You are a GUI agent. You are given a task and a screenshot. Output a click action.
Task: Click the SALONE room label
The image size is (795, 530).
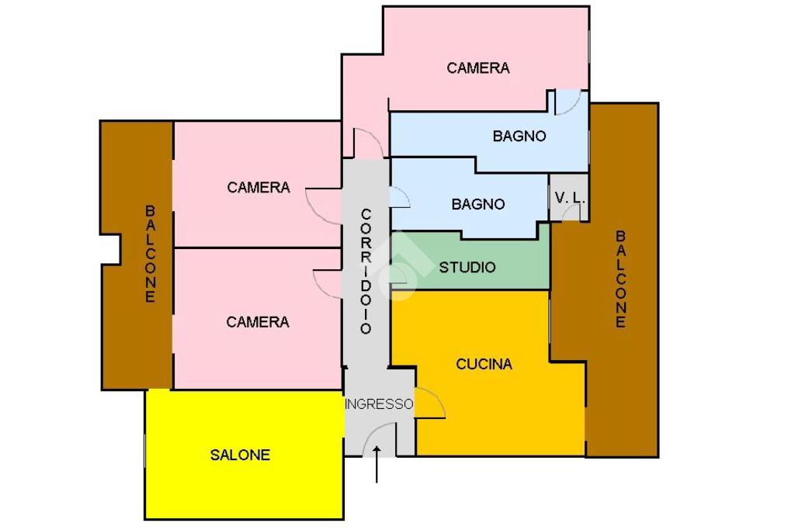coord(240,456)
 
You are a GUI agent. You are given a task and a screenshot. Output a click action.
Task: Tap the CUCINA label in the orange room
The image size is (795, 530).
coord(484,364)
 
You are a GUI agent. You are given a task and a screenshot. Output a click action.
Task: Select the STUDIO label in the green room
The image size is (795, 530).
coord(467,268)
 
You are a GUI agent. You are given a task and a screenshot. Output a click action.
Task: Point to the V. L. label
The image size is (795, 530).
coord(569,198)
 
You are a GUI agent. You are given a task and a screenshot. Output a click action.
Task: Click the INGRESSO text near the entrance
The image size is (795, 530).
coord(380,404)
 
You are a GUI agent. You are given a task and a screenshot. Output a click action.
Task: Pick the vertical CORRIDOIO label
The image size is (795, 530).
coord(366,271)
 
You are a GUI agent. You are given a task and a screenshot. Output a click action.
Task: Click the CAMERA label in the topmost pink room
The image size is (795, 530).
coord(478,68)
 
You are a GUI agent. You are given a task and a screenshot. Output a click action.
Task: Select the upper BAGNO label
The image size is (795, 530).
coord(519,137)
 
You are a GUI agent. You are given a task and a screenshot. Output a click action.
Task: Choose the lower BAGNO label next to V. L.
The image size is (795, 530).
coord(478,205)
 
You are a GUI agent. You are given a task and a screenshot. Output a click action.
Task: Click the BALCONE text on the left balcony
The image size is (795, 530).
coord(150,253)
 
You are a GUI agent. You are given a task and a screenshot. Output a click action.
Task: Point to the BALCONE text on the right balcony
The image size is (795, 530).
coord(620,279)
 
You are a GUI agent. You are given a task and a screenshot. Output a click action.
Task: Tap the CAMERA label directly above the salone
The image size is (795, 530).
coord(258,322)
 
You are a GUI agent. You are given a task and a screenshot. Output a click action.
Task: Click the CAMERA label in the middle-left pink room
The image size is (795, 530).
coord(259,188)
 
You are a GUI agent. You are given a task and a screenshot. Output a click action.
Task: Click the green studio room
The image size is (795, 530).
coord(497,256)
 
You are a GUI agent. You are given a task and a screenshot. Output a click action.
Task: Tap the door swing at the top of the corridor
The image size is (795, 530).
coord(366,144)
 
